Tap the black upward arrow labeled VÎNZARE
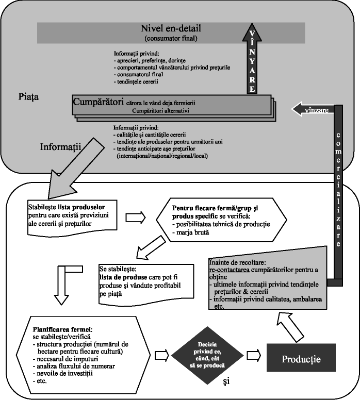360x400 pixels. (x=253, y=59)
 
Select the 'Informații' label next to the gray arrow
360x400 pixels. (x=61, y=147)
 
